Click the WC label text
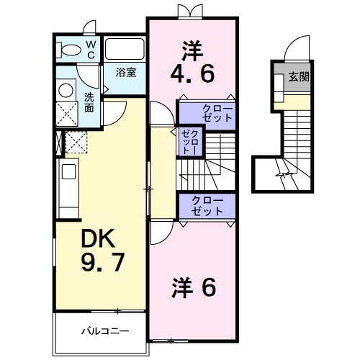(91, 50)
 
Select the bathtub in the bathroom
(125, 50)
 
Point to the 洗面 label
(89, 102)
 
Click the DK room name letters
(96, 237)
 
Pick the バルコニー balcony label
(104, 332)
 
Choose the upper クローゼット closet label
(212, 113)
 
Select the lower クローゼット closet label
(207, 206)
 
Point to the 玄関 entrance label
(299, 77)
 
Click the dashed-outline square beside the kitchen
(76, 143)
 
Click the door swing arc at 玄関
(295, 50)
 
